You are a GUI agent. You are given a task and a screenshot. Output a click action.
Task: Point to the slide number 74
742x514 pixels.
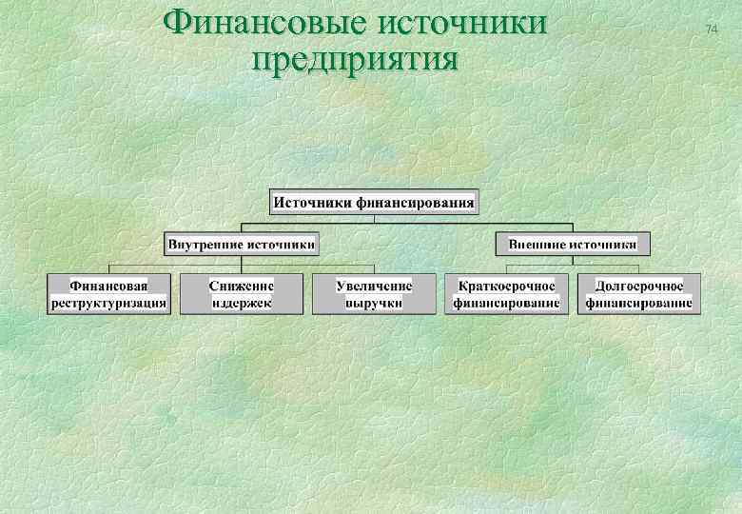coord(711,30)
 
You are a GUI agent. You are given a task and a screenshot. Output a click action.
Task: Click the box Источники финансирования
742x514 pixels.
coord(374,202)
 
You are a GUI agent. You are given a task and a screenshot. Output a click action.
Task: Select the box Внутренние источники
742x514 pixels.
coord(242,244)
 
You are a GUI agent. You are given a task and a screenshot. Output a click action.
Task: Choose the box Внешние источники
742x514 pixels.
coord(573,244)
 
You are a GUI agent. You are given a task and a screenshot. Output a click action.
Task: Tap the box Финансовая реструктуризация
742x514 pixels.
coord(108,294)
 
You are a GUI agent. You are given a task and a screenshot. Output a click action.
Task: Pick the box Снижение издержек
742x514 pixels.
coord(242,294)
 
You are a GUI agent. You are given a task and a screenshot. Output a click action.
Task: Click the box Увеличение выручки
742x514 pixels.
coord(374,294)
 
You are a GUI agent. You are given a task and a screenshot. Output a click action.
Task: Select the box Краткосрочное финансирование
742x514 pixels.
coord(506,294)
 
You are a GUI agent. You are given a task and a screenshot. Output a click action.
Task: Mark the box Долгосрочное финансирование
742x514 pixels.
coord(638,294)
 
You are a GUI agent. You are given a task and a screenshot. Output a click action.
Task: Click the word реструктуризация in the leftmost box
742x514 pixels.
coord(108,304)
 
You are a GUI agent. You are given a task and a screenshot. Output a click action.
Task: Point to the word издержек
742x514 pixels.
coord(242,304)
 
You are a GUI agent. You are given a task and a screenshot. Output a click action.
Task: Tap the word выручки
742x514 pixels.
coord(374,304)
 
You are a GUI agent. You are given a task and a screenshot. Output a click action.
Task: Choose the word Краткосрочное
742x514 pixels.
coord(506,286)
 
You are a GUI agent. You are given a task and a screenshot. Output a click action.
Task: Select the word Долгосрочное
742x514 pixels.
coord(638,286)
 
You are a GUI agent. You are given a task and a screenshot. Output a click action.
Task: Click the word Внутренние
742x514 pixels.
coord(205,244)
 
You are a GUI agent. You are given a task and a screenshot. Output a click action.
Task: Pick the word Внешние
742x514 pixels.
coord(537,244)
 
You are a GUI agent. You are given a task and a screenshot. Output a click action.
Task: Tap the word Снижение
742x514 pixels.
coord(242,286)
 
